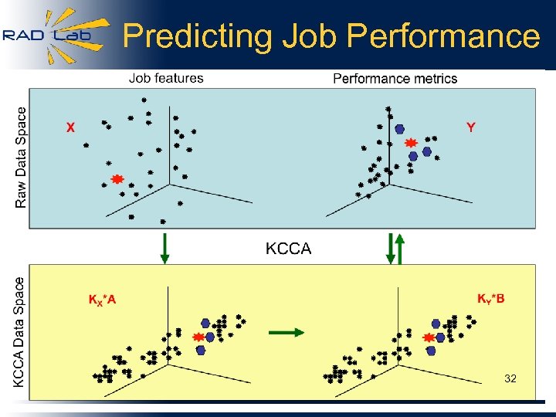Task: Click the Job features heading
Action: click(166, 78)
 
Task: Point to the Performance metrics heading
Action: click(395, 79)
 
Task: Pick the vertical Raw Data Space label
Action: click(21, 157)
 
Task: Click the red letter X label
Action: click(70, 128)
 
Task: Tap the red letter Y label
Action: click(470, 127)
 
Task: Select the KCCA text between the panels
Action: click(288, 249)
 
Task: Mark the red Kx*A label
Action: click(102, 300)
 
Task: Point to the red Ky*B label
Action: click(490, 299)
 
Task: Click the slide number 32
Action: click(510, 378)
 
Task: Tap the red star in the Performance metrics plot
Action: click(411, 143)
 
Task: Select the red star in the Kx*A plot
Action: click(198, 337)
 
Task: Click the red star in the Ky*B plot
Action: click(429, 337)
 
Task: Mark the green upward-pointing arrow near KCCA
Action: click(400, 249)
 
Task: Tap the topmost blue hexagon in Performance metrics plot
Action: click(399, 129)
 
